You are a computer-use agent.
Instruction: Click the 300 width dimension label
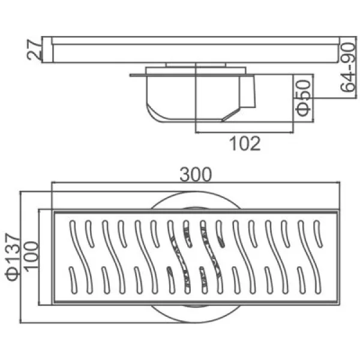[196, 175]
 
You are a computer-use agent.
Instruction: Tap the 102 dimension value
[245, 143]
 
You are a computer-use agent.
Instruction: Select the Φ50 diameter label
[304, 97]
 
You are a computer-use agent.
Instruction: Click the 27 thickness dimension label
[34, 50]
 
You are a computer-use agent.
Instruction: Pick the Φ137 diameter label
[13, 257]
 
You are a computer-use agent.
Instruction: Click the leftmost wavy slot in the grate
[81, 257]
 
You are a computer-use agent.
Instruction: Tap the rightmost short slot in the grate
[318, 234]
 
